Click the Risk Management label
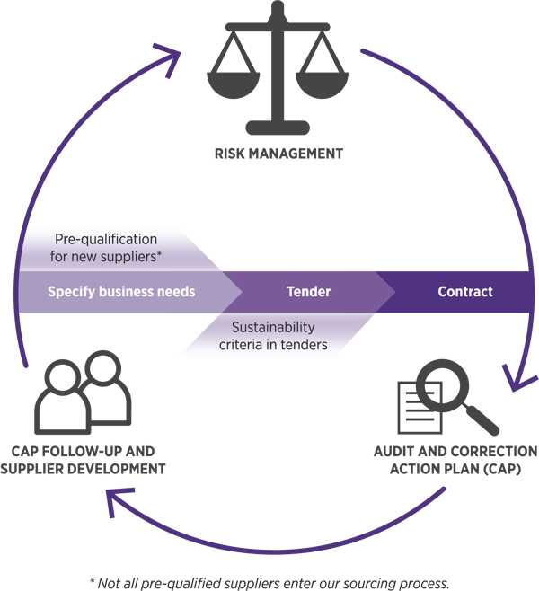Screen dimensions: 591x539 tap(269, 154)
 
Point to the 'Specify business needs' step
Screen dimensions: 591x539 tap(121, 292)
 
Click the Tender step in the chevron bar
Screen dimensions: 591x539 tap(308, 292)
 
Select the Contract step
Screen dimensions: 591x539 tap(464, 292)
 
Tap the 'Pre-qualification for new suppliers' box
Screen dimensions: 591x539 tap(106, 247)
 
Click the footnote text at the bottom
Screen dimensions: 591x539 tap(269, 581)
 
